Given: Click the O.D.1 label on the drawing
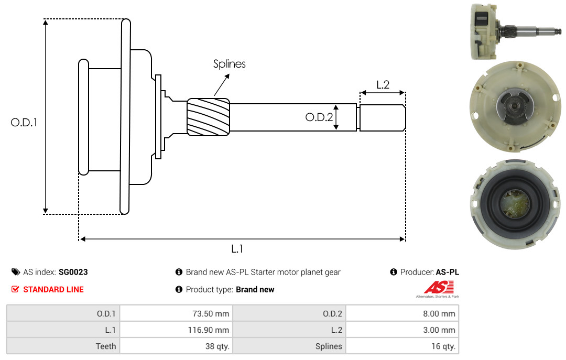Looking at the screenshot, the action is coord(24,123).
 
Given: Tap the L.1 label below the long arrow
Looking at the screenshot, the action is coord(237,249).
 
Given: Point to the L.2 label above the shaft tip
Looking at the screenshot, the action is coord(383,84).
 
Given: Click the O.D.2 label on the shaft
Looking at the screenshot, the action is coord(319,117).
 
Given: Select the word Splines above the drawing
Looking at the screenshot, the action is coord(229,64).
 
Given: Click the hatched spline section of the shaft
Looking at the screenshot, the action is coord(208,117).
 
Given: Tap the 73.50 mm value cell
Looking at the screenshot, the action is coord(176,313).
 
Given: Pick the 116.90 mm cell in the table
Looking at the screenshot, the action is coord(176,330).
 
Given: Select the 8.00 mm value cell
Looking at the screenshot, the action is coord(402,313).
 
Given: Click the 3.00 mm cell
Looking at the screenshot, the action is coord(402,330).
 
